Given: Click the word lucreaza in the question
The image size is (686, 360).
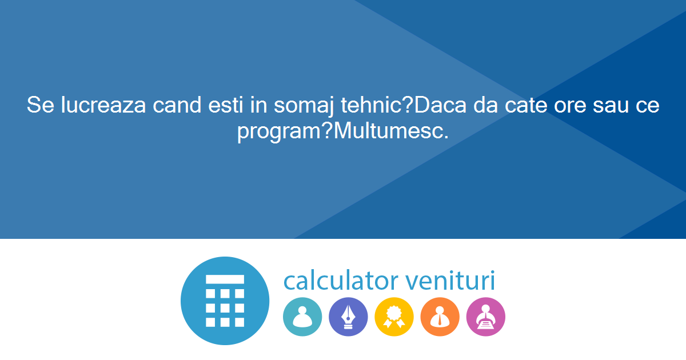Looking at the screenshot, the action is [x=103, y=105].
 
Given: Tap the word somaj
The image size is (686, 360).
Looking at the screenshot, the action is [x=304, y=106].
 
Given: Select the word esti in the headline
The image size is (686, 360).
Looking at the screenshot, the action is [x=226, y=105].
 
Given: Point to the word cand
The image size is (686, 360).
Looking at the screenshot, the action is [x=177, y=105].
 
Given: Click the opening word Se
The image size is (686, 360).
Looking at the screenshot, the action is [x=41, y=105].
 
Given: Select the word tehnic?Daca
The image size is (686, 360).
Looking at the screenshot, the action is [x=404, y=105].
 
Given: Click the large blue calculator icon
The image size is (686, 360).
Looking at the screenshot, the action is [x=225, y=301].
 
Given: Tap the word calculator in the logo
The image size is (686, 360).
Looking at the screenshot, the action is [x=341, y=280].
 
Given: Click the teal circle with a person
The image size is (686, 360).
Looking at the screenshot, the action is [x=302, y=317].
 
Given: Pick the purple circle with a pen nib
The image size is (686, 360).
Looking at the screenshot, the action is [x=348, y=317].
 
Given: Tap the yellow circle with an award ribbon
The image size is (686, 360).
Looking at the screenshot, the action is [x=394, y=317].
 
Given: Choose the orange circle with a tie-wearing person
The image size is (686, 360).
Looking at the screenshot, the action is [x=440, y=317].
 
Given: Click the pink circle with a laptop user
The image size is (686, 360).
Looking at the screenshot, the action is [x=486, y=317].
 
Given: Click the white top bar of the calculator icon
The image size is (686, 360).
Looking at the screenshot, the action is [x=225, y=279].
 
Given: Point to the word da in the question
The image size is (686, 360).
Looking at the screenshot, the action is [x=485, y=105].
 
